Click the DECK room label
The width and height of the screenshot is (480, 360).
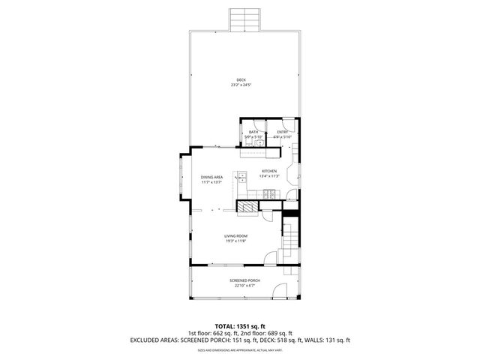240,80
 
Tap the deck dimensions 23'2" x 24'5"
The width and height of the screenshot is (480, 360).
240,85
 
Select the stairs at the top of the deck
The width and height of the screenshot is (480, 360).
245,19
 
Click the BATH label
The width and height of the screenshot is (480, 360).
253,132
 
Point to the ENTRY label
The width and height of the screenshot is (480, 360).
282,132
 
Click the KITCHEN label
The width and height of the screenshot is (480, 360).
269,171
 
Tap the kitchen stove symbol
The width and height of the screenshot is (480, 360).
270,196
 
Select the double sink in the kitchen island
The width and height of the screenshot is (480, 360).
242,178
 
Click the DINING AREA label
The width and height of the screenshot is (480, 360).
211,177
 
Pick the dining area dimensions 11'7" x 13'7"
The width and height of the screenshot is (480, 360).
211,182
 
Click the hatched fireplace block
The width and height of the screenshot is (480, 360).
246,206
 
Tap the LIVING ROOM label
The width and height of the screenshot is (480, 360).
235,236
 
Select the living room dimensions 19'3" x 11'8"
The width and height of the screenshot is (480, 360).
235,241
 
